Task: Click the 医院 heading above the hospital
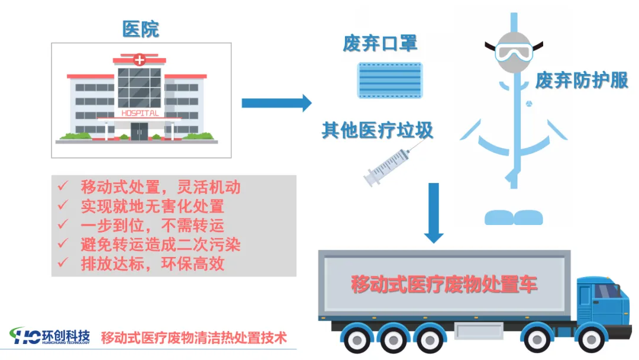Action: pos(141,30)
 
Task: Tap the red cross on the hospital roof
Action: pos(140,60)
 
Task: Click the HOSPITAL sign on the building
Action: pos(140,113)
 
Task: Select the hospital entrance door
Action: pos(140,131)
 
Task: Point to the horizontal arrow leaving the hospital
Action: pos(277,103)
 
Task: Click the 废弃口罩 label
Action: pos(380,43)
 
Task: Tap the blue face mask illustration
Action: pos(390,81)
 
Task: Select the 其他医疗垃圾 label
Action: pos(377,130)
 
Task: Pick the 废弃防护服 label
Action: pos(582,81)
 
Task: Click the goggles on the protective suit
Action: pos(514,52)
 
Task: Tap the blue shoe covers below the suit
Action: pos(514,217)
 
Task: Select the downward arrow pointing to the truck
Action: pos(434,213)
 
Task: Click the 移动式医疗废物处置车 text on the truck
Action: pos(444,284)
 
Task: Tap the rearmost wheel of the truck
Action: pos(357,339)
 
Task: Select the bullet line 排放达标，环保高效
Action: pos(153,263)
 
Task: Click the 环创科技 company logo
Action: pos(50,336)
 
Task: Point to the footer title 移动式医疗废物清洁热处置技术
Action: pos(194,338)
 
